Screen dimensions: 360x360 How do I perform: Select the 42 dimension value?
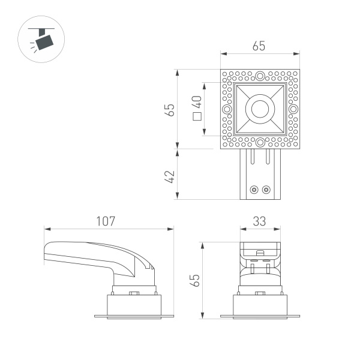point(170,176)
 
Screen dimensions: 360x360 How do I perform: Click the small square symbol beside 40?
point(196,116)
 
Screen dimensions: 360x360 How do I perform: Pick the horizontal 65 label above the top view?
point(259,46)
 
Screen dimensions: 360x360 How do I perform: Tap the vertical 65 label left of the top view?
point(170,110)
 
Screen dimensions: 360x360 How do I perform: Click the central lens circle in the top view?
point(260,109)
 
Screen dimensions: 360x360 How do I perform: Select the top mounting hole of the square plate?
point(260,76)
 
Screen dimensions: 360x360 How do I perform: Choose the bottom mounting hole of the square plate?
point(260,143)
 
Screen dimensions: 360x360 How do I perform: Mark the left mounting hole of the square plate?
point(226,110)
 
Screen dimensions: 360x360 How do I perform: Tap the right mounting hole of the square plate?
point(293,110)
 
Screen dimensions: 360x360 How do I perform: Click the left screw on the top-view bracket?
point(254,190)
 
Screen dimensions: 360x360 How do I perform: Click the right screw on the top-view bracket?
point(266,190)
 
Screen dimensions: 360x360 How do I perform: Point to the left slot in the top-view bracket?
point(253,161)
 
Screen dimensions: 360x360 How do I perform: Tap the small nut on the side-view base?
point(134,293)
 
